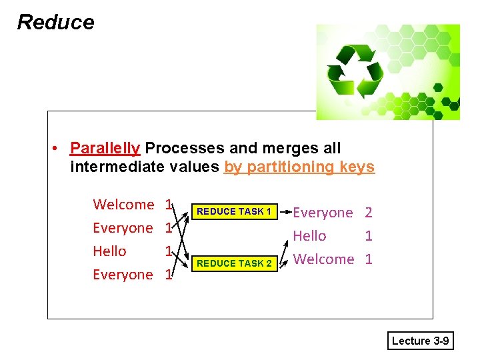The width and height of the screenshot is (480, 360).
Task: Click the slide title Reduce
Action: (x=55, y=22)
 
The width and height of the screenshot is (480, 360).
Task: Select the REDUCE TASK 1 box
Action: (x=234, y=212)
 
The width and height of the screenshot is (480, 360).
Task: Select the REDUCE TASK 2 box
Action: (x=234, y=263)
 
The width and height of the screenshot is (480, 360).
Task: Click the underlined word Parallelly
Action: (x=105, y=148)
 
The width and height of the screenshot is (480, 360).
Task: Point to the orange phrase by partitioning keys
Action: (x=299, y=167)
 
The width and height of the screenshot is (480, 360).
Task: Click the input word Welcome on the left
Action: (x=123, y=204)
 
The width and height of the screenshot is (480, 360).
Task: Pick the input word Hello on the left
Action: (x=109, y=251)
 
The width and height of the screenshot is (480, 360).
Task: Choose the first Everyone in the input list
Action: (x=123, y=228)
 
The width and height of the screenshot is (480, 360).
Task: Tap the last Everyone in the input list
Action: (x=123, y=275)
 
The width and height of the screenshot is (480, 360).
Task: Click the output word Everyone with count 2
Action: (x=323, y=213)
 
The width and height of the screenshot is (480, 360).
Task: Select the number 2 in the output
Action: (x=368, y=213)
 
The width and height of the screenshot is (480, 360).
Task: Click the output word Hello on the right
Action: (x=310, y=236)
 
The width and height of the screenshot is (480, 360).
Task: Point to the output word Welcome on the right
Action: (x=323, y=259)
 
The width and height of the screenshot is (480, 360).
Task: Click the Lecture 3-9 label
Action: (x=420, y=341)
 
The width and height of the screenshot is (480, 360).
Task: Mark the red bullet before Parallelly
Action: (x=59, y=148)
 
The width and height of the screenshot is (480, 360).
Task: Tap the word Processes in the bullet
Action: (x=175, y=148)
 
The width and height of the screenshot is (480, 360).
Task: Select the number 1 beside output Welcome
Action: (x=369, y=259)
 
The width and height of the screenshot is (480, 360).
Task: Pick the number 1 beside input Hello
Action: (x=169, y=251)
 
